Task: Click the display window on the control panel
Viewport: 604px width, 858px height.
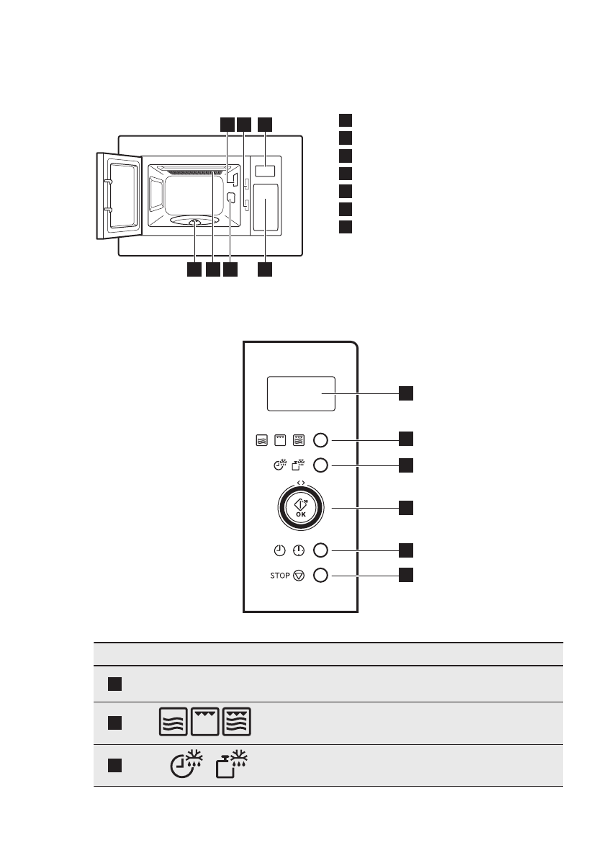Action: pos(300,393)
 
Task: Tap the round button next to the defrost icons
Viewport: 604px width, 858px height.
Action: pos(321,465)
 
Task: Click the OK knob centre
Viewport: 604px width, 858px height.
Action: pos(300,509)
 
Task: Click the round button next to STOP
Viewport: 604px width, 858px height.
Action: pos(321,576)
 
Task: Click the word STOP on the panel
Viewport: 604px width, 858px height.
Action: pos(281,576)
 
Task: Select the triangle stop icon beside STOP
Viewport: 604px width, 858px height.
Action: pos(299,576)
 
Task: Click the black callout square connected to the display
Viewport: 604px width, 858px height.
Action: pos(407,393)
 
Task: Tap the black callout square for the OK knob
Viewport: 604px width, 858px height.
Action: pos(407,508)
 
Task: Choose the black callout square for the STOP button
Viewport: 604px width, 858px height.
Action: pos(407,575)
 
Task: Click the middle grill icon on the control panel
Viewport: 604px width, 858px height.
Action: pos(280,440)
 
